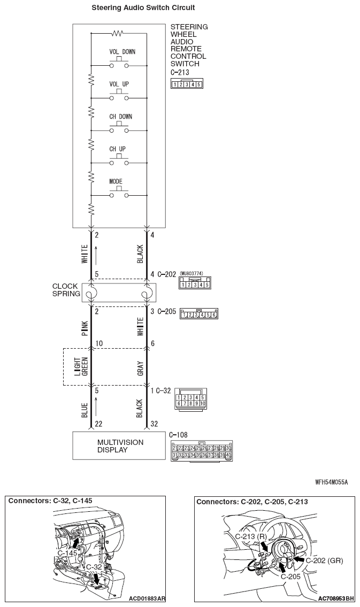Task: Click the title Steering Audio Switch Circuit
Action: click(135, 8)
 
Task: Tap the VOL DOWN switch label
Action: click(122, 52)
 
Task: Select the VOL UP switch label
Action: click(119, 84)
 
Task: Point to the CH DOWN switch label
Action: click(120, 116)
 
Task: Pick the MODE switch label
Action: click(116, 181)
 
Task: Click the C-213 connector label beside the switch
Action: click(179, 72)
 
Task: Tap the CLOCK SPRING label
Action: click(65, 290)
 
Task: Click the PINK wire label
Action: click(85, 327)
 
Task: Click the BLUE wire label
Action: click(85, 408)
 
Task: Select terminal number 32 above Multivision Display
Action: click(155, 424)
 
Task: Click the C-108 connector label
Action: click(178, 435)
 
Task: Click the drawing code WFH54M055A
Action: click(332, 482)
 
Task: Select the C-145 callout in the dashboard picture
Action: click(66, 552)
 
